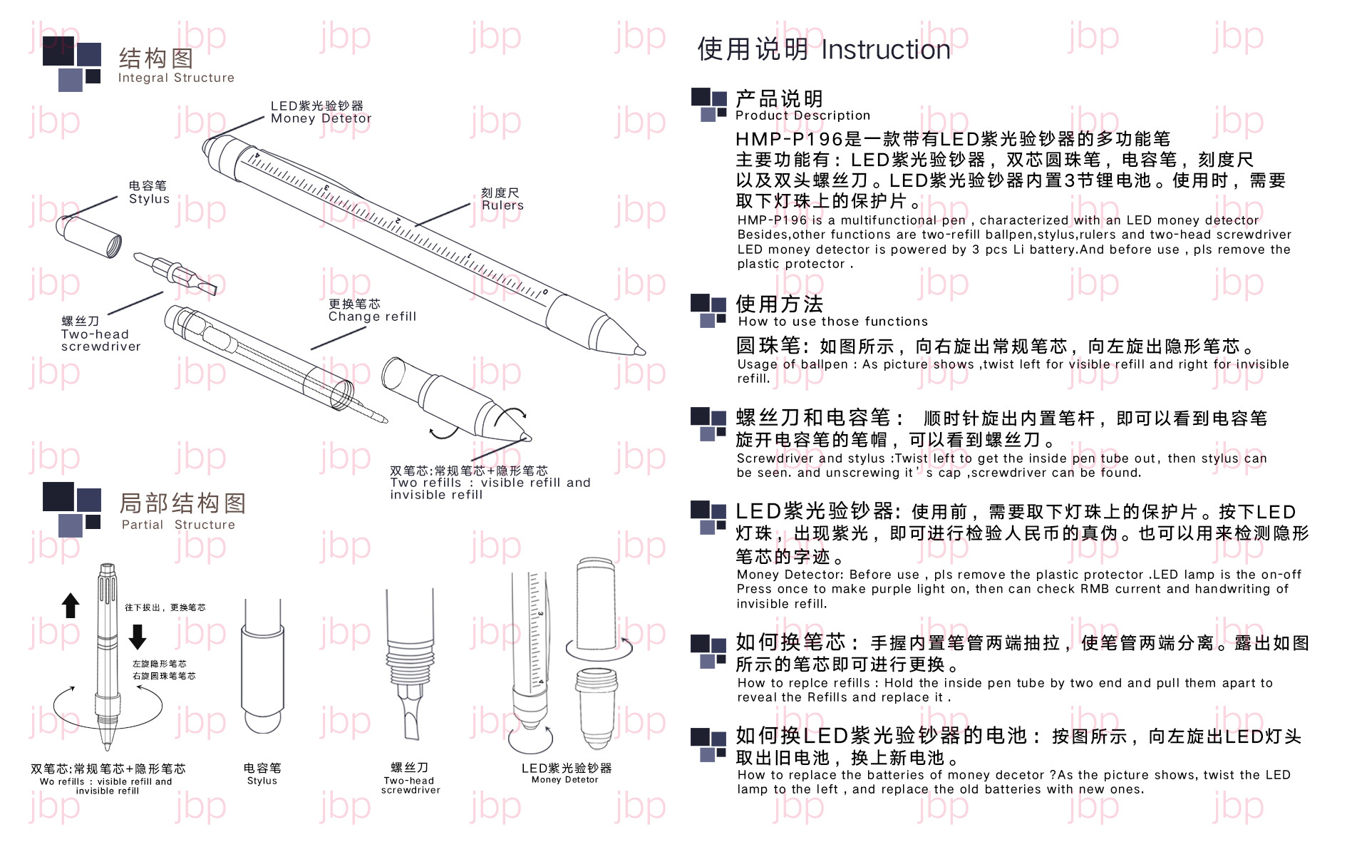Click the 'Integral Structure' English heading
click(x=176, y=78)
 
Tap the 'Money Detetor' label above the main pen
click(x=321, y=118)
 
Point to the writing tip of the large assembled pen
click(x=641, y=350)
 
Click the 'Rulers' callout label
click(x=502, y=205)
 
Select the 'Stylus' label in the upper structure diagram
click(x=149, y=199)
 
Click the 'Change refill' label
click(x=372, y=317)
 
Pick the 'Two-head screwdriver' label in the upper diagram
click(x=100, y=340)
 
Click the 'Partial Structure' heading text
click(x=178, y=525)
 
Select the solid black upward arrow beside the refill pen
click(x=71, y=605)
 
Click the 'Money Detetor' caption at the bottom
click(x=564, y=780)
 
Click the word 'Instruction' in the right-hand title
click(x=885, y=50)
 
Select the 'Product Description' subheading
click(x=802, y=115)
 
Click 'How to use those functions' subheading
click(x=832, y=322)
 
